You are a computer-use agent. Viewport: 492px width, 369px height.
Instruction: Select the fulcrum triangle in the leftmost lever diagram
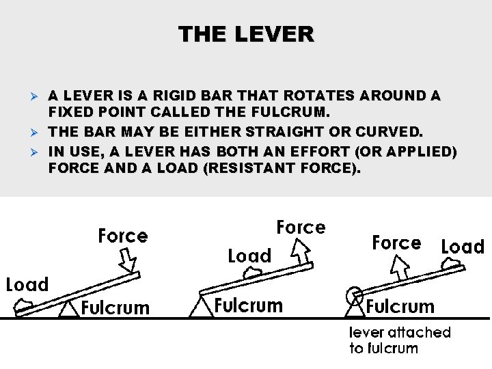pos(68,310)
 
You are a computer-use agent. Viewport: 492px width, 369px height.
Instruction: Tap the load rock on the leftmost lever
pos(25,303)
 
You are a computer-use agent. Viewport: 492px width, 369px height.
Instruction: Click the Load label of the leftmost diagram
pos(27,284)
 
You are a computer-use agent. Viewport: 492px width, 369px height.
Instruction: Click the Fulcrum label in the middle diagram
pos(248,305)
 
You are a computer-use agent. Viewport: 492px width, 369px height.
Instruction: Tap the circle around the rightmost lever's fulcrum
pos(355,297)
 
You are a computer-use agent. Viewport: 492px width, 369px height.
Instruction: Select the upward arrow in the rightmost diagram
pos(400,271)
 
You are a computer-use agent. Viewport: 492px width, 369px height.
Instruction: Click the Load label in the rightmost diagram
pos(463,247)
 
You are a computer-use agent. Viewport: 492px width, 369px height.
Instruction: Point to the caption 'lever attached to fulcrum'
pos(400,340)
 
